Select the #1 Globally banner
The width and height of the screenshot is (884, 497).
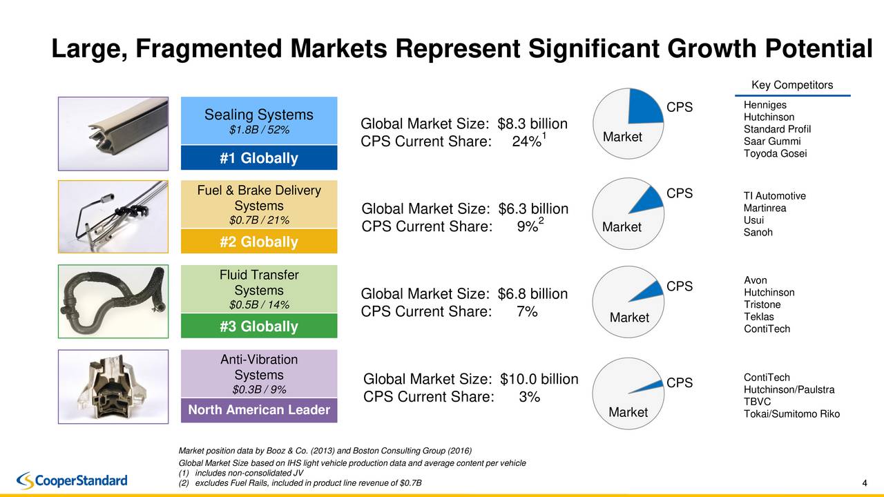tap(259, 158)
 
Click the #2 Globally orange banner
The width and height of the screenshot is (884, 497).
tap(259, 242)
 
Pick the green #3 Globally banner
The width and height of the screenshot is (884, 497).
tap(259, 326)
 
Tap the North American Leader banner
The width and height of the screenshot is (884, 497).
tap(259, 410)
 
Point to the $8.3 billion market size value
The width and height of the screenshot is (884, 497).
tap(532, 124)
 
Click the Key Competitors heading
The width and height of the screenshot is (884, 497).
tap(791, 86)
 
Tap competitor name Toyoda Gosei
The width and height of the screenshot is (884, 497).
tap(775, 153)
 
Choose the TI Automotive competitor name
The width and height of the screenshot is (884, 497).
tap(774, 196)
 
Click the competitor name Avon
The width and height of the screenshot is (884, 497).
tap(755, 280)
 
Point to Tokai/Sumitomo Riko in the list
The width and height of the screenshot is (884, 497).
tap(791, 414)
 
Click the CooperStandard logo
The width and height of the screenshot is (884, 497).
tap(72, 480)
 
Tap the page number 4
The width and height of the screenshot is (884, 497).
tap(865, 482)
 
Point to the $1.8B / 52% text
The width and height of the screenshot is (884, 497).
tap(259, 130)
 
